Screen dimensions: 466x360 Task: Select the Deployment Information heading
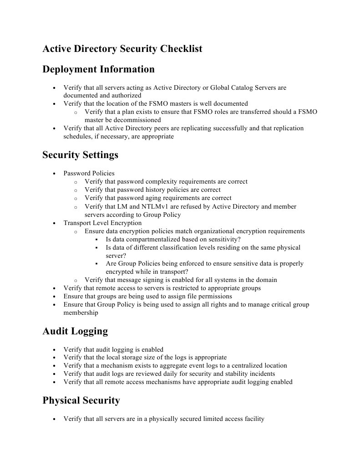coord(98,69)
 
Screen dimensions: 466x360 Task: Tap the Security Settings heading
coord(80,155)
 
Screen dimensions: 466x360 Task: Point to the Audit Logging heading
coord(75,331)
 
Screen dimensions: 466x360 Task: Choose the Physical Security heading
coord(81,400)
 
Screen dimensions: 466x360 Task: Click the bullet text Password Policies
coord(89,173)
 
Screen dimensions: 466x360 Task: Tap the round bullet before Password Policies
coord(55,174)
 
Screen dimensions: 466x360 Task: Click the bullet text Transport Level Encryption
coord(102,223)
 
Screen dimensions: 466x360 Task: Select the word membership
coord(81,313)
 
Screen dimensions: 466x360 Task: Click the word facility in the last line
coord(254,419)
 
